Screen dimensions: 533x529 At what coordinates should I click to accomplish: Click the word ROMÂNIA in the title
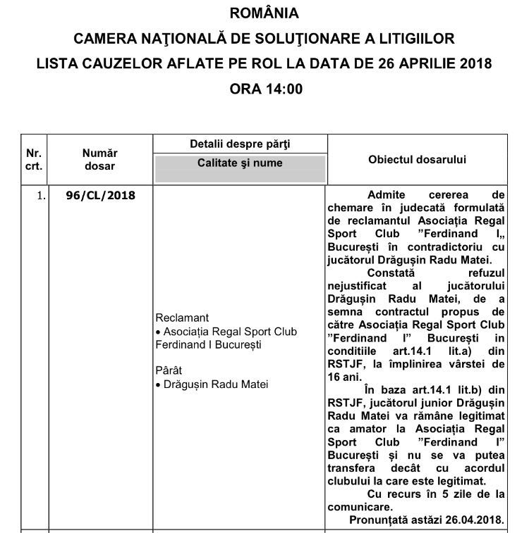click(x=264, y=13)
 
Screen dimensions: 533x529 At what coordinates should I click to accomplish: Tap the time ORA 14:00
click(x=264, y=89)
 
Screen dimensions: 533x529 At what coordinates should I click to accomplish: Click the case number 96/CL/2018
click(x=99, y=196)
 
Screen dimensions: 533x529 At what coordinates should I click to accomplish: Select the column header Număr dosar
click(x=99, y=159)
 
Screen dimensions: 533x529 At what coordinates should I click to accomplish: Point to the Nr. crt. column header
click(x=34, y=159)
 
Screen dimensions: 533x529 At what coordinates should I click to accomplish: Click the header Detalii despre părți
click(x=240, y=144)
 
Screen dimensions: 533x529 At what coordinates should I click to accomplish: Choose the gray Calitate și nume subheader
click(x=240, y=163)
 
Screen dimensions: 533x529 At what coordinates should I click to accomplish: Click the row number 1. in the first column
click(x=40, y=196)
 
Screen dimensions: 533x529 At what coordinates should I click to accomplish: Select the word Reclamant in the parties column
click(x=182, y=318)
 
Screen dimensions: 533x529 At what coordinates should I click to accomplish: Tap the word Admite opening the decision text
click(x=388, y=194)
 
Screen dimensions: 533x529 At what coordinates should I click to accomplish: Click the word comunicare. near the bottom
click(x=360, y=507)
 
